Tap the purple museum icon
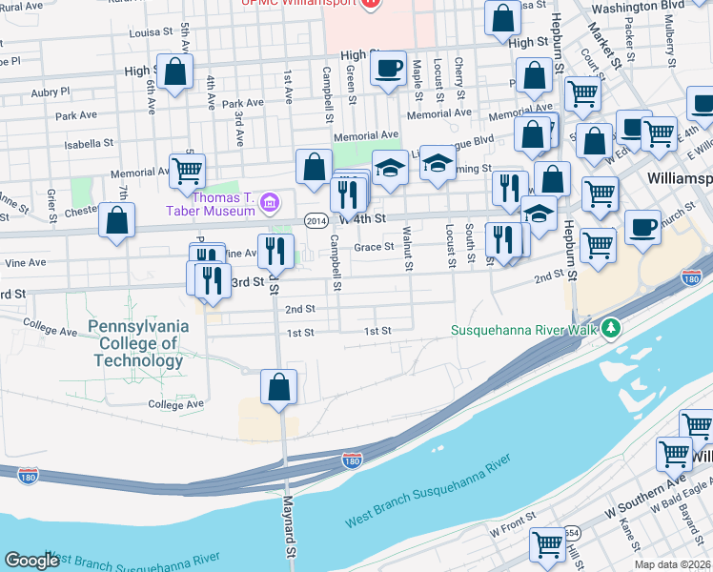click(x=270, y=202)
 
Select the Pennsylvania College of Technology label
click(x=138, y=343)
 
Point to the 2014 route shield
click(x=316, y=220)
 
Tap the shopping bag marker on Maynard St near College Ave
click(x=278, y=387)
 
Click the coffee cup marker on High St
click(x=388, y=69)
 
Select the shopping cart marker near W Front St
click(x=547, y=544)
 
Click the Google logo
click(x=31, y=561)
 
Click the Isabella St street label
click(x=88, y=143)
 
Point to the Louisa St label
click(x=152, y=31)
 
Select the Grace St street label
click(x=375, y=247)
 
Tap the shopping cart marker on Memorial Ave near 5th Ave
click(x=188, y=171)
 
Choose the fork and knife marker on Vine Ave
click(x=275, y=251)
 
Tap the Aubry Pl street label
click(x=50, y=92)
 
